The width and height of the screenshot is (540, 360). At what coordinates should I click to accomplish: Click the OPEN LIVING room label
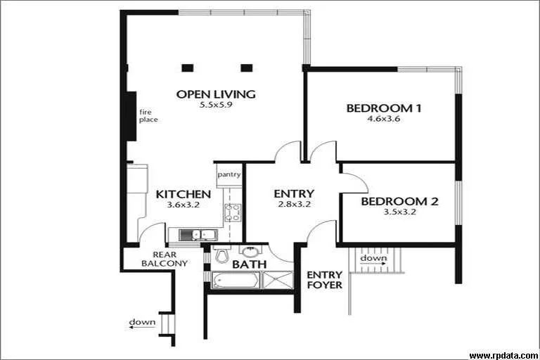point(215,94)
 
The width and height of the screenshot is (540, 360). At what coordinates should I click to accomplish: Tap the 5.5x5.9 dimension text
point(215,105)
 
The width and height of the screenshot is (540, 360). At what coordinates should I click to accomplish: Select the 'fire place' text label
point(148,115)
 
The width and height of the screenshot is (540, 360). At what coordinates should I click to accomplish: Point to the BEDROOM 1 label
point(384,108)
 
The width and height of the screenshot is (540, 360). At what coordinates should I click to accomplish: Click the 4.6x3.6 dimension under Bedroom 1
point(384,120)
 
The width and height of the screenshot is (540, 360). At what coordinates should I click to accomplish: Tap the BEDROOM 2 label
point(399,201)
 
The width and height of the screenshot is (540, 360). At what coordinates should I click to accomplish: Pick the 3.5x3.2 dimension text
point(399,212)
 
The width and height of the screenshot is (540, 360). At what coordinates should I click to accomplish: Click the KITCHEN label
point(183,194)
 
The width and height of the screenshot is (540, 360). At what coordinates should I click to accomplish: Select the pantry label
point(229,174)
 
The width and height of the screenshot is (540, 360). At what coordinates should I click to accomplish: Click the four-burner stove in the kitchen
point(232,212)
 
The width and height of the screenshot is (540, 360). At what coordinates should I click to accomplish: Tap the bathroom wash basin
point(248,251)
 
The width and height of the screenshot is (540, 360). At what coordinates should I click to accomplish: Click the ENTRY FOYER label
point(325,280)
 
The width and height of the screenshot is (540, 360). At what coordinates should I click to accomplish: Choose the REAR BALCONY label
point(164,259)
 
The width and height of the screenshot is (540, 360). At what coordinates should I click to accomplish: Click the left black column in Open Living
point(187,68)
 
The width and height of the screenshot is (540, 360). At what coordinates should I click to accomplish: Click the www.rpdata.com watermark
point(501,355)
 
